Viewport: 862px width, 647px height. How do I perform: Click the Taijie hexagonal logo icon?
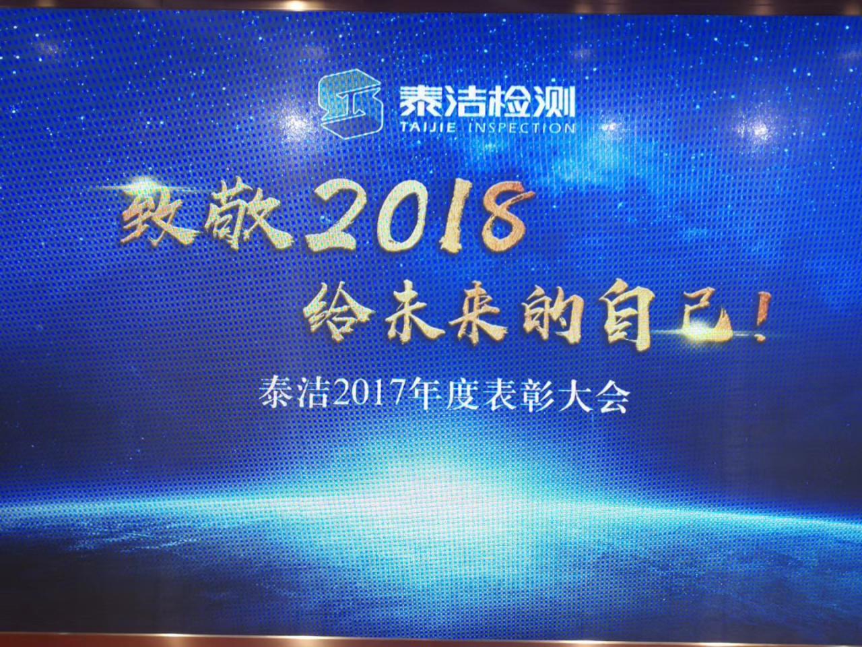click(350, 104)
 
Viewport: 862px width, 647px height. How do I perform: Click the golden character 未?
click(416, 314)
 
